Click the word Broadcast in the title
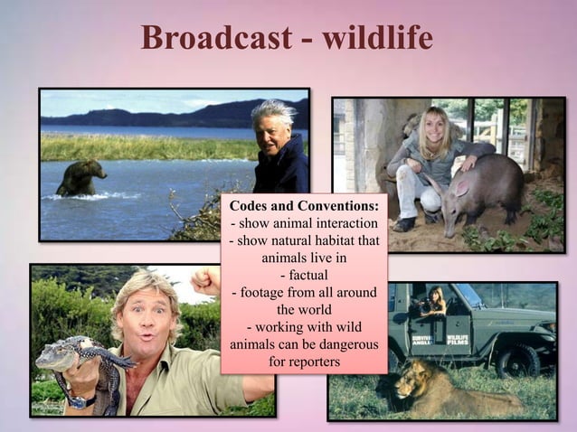coord(213,37)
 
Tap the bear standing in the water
coord(80,177)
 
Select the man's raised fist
coord(207,280)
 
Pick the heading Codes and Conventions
coord(304,207)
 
